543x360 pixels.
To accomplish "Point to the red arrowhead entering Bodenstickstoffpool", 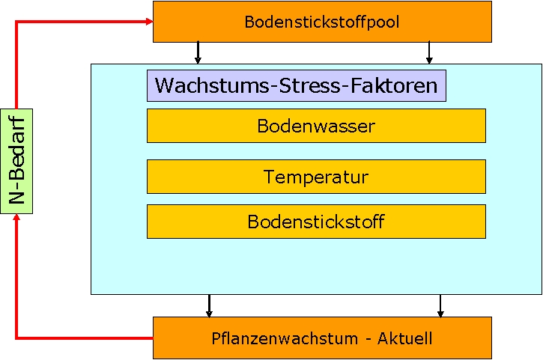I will point(148,21).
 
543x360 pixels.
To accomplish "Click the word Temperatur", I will point(315,177).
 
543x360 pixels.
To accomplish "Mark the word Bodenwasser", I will point(315,126).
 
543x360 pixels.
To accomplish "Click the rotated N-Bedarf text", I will point(17,160).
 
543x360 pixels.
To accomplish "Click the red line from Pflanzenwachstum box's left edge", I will point(82,338).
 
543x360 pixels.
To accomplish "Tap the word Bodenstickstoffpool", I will point(322,22).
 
